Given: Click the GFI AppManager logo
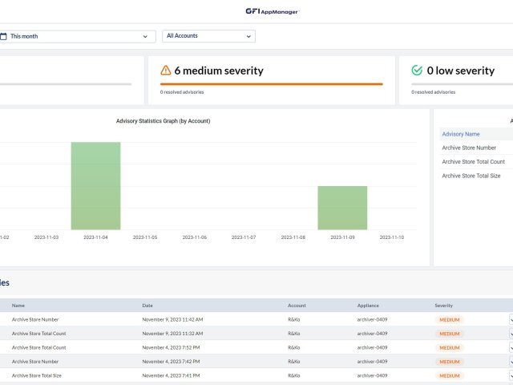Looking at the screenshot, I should [272, 11].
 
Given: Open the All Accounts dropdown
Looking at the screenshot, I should [208, 36].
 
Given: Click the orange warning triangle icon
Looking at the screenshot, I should [166, 71].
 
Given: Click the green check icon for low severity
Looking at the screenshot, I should [416, 71].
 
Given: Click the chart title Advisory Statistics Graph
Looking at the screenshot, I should [163, 121].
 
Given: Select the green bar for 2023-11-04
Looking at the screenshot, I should [95, 186].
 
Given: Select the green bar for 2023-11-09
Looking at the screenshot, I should [342, 208].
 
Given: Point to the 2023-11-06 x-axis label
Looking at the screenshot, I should [194, 237].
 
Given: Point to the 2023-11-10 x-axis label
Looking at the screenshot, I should [391, 237].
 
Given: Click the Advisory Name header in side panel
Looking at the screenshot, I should [461, 134].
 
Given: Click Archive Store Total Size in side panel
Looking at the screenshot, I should [471, 176].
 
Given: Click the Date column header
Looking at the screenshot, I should [147, 306].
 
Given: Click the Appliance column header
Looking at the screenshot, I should [368, 306].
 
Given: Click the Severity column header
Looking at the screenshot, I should [444, 306].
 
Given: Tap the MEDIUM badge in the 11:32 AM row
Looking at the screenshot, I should [449, 334].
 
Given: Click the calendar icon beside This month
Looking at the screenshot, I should [3, 36].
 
